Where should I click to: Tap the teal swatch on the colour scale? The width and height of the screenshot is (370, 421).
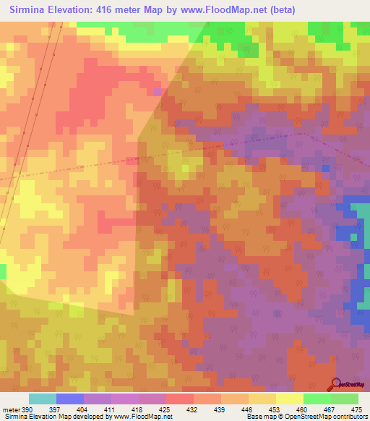pyautogui.click(x=42, y=399)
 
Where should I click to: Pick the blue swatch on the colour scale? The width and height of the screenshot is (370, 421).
pyautogui.click(x=69, y=399)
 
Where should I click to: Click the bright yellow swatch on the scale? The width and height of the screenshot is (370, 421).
pyautogui.click(x=289, y=399)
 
